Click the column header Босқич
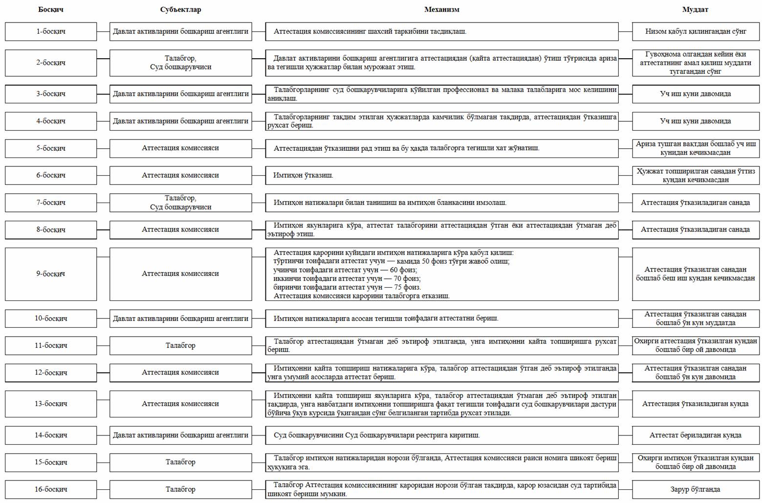[x=51, y=9]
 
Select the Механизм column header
[x=441, y=9]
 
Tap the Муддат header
[x=695, y=9]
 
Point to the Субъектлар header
[x=180, y=9]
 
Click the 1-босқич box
[x=51, y=31]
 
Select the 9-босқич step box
[x=51, y=274]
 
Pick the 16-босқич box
[x=51, y=489]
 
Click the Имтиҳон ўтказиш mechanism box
[x=442, y=175]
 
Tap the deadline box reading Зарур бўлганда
[x=695, y=489]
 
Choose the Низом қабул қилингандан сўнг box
[x=695, y=31]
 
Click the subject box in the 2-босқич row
[x=180, y=63]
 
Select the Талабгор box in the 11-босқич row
[x=180, y=345]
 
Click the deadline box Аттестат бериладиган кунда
[x=695, y=435]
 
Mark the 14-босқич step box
[x=51, y=435]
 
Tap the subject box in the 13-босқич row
[x=180, y=404]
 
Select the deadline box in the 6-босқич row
[x=695, y=175]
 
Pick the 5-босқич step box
[x=51, y=148]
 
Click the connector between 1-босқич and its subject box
[x=103, y=31]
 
